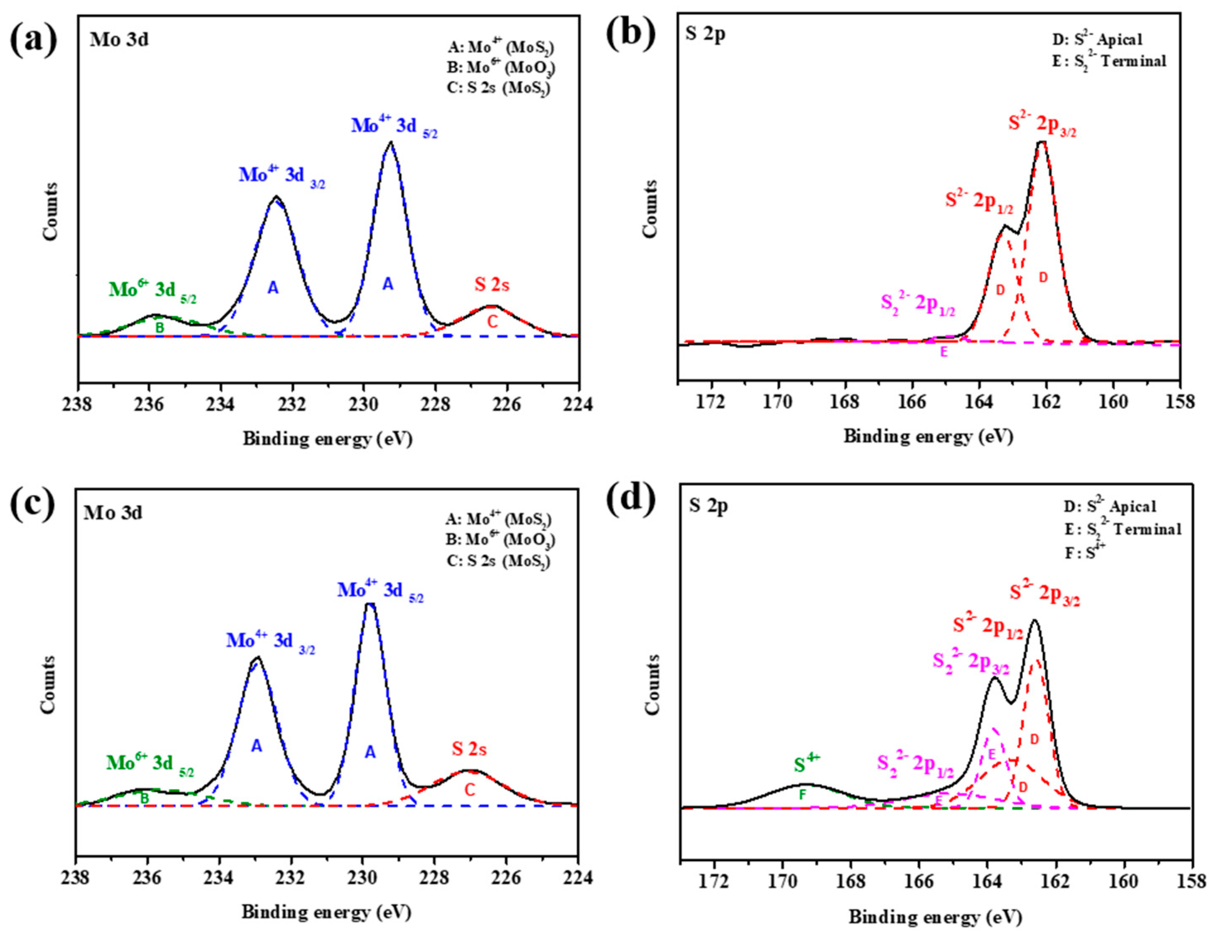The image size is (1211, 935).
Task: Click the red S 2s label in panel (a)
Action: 491,284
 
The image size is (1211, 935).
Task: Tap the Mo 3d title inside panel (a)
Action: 119,40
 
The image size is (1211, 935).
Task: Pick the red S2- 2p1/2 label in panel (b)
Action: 979,202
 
